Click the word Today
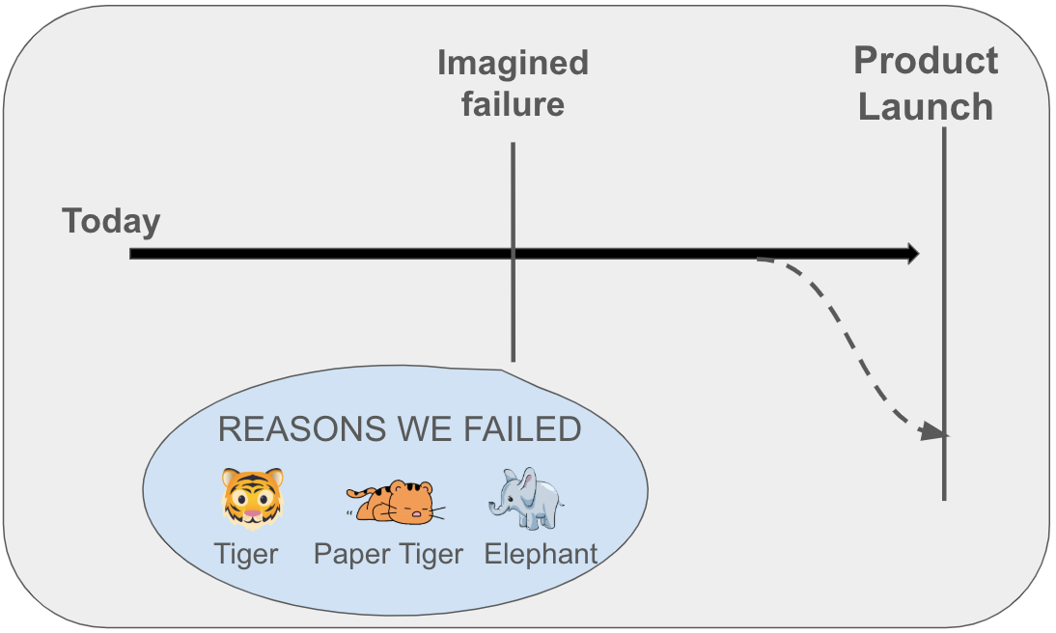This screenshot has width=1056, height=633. (x=111, y=222)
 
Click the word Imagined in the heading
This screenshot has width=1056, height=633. (x=513, y=64)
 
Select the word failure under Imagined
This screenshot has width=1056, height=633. (x=513, y=103)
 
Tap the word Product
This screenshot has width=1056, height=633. (x=926, y=62)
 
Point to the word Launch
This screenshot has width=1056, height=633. (x=926, y=106)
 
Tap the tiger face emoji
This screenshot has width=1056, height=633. (x=253, y=498)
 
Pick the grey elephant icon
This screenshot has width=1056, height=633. (x=527, y=498)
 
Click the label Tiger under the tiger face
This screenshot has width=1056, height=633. (x=247, y=554)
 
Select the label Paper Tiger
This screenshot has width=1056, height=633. (x=388, y=554)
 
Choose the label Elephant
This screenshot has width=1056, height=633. (x=541, y=554)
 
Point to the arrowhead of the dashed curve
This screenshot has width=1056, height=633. (x=933, y=431)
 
